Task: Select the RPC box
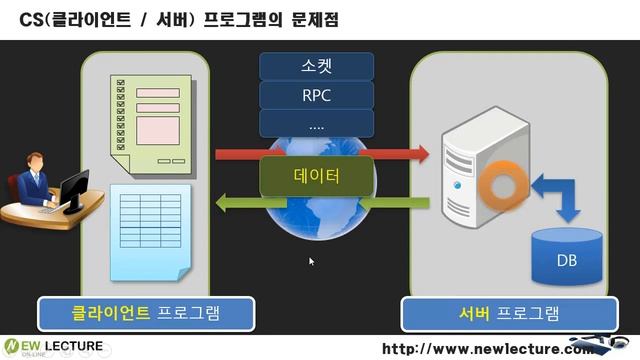click(x=316, y=97)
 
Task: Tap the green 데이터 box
click(x=316, y=177)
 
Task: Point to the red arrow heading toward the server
click(x=321, y=154)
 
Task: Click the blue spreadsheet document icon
click(x=150, y=230)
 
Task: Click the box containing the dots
click(x=316, y=125)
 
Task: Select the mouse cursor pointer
click(x=312, y=261)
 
